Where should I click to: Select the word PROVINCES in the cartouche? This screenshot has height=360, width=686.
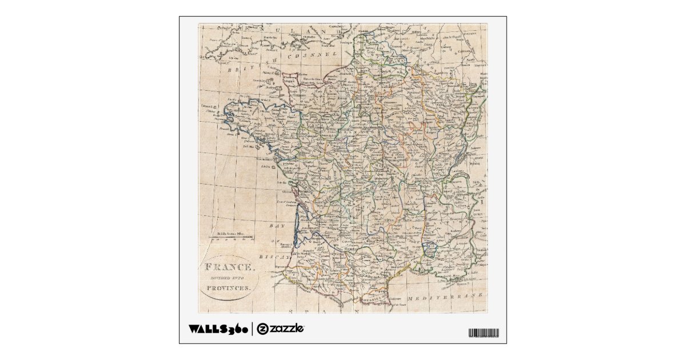229,289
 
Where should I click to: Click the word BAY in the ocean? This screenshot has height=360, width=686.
277,227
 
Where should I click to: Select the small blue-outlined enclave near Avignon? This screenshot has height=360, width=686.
429,247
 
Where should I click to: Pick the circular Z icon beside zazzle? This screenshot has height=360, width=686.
262,329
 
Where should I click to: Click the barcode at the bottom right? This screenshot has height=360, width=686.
483,333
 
